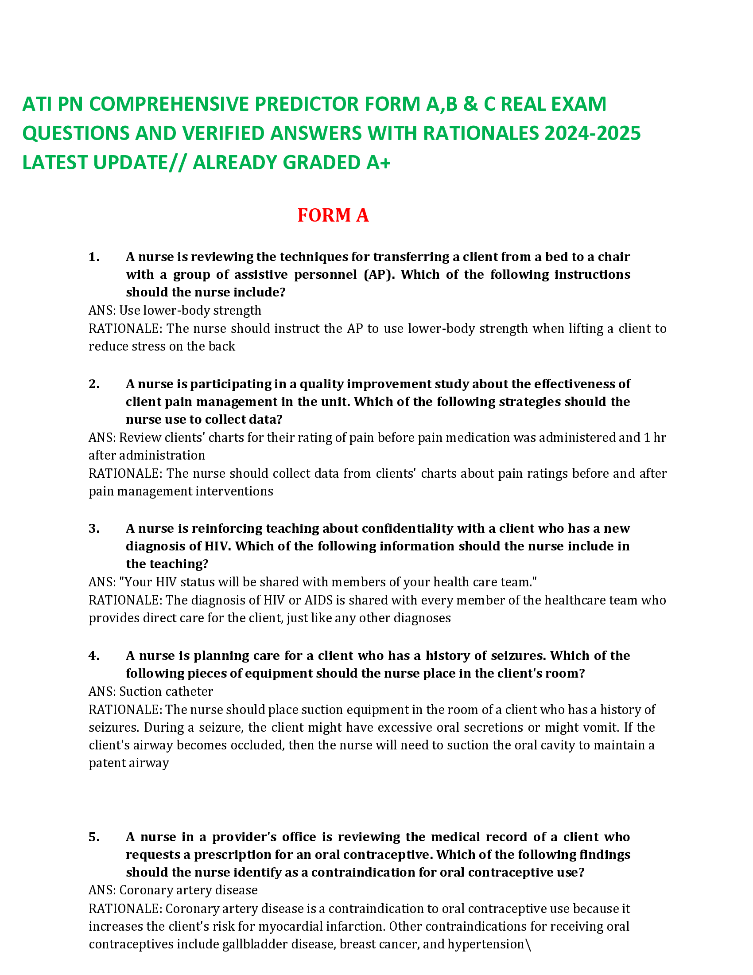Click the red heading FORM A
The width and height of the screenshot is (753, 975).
coord(333,215)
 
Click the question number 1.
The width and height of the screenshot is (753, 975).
coord(93,257)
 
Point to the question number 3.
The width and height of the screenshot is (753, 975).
coord(93,528)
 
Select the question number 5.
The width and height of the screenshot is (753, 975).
coord(93,837)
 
